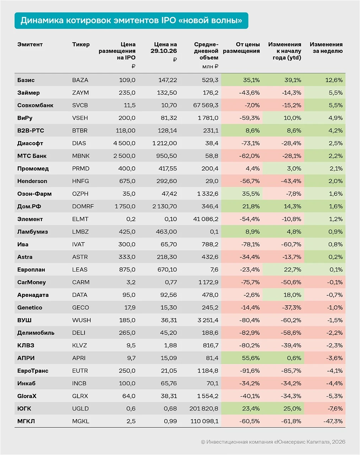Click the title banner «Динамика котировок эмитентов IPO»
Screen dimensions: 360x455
(x=131, y=21)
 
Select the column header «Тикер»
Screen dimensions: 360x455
(x=81, y=44)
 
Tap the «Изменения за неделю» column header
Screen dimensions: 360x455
(x=326, y=48)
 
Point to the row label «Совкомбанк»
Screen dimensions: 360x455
(x=35, y=105)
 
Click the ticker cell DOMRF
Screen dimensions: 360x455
(x=83, y=207)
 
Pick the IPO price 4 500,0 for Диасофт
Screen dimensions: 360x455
(x=124, y=143)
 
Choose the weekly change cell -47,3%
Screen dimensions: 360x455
(x=333, y=421)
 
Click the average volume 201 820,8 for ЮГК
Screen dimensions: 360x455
(x=204, y=408)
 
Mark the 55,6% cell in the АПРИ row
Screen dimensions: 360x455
(x=251, y=358)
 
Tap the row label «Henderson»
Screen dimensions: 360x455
(x=32, y=181)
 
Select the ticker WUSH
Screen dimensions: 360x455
(x=81, y=320)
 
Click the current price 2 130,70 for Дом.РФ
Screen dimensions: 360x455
(x=165, y=207)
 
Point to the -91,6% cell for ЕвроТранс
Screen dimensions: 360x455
(x=249, y=371)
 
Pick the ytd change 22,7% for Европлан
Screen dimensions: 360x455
(x=292, y=269)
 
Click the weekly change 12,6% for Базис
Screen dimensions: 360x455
(x=334, y=80)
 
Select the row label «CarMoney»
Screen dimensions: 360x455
(x=32, y=282)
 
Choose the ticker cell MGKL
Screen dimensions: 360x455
(x=81, y=421)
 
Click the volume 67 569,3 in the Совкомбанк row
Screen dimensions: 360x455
(x=206, y=105)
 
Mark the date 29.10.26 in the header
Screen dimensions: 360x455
(x=163, y=51)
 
